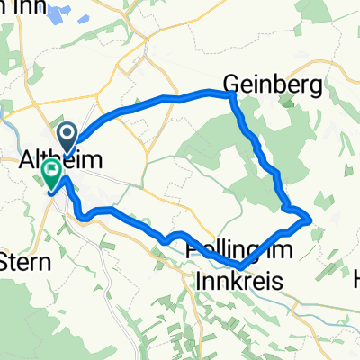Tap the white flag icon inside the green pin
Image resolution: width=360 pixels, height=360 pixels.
click(53, 167)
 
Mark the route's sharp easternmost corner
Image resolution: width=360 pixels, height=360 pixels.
click(310, 217)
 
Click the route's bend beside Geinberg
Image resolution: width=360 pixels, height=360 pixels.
click(231, 94)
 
